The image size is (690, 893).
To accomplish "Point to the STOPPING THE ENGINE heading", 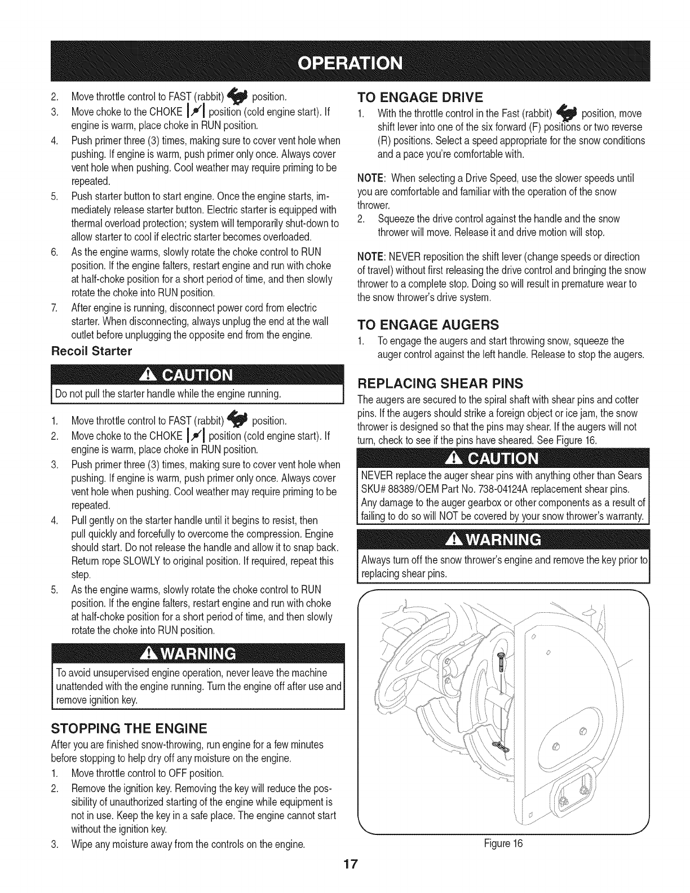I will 129,726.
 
